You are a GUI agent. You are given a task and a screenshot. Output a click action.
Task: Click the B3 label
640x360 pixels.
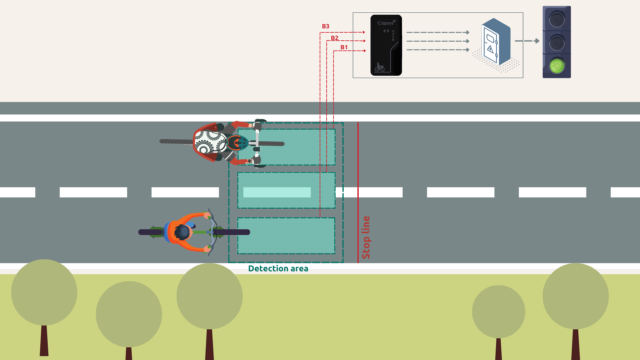325,26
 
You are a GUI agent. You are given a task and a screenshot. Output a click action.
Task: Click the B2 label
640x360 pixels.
334,38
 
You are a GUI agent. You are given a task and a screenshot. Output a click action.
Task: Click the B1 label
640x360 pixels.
344,47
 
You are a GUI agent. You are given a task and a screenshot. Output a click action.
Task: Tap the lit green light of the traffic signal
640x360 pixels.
557,66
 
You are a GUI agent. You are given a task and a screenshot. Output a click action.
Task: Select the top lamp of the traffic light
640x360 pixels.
557,19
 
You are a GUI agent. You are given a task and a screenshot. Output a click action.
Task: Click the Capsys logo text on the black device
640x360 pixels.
386,23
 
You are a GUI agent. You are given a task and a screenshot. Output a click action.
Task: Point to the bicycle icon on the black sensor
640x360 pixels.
379,67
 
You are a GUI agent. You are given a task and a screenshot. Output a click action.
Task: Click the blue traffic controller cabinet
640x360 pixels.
496,42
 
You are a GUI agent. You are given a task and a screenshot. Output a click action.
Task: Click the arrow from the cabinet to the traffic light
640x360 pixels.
527,41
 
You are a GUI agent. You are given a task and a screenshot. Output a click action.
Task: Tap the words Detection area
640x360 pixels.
278,269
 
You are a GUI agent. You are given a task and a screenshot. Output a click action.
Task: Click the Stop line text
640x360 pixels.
366,237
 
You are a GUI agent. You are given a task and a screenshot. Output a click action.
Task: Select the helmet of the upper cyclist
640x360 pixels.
237,143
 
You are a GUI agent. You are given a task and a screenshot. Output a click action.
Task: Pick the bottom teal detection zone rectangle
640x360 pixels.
286,236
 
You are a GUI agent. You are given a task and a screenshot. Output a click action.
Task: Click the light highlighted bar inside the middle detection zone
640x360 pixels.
277,192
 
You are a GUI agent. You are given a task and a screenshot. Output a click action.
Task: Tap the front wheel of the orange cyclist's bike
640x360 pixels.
233,232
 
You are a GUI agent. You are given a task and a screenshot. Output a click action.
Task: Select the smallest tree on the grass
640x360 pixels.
498,312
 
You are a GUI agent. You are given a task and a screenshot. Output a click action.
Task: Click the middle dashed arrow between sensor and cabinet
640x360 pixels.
438,41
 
